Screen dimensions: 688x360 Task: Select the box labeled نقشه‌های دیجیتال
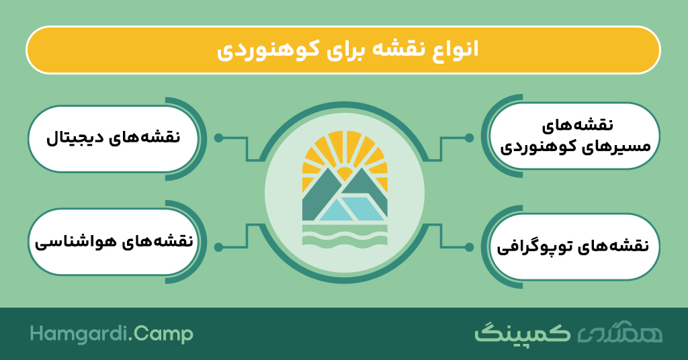(113, 138)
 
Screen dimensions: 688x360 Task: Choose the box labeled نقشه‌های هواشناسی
(113, 242)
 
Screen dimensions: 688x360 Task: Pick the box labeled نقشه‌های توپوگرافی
(574, 246)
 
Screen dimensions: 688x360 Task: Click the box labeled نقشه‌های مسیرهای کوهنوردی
(574, 136)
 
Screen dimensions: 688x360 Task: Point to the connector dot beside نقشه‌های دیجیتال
(218, 138)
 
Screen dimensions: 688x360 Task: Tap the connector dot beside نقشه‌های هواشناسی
(218, 247)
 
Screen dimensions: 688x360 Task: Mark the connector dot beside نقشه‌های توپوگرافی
(469, 247)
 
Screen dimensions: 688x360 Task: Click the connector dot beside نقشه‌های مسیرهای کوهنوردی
(469, 138)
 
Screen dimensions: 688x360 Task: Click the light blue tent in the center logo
(351, 209)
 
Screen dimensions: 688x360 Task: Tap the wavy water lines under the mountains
(345, 234)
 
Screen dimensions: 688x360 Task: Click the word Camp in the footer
(163, 335)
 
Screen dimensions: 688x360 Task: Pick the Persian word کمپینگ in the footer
(522, 333)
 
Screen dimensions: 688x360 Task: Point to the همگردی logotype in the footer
(619, 334)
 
